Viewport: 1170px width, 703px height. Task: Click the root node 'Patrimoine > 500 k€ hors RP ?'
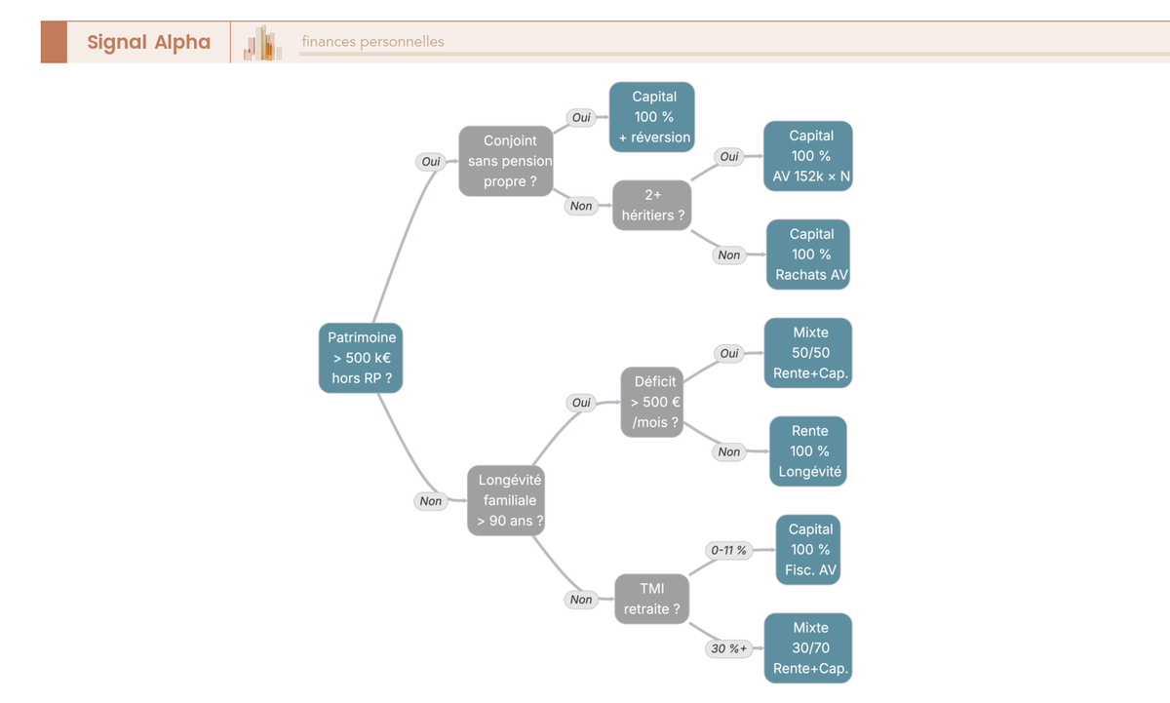(x=361, y=358)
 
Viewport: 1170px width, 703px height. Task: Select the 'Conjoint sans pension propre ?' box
(x=506, y=161)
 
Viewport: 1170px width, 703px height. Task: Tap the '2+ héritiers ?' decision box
(x=652, y=206)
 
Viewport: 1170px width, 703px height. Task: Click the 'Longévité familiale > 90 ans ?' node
(x=506, y=500)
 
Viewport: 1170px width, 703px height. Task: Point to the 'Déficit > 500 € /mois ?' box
(x=652, y=402)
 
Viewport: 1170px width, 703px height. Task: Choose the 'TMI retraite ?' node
(x=652, y=599)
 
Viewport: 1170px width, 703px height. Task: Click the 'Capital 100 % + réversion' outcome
(x=652, y=117)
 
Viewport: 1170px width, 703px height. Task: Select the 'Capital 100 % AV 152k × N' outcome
(x=808, y=156)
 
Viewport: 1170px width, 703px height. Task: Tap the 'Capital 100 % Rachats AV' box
(x=808, y=254)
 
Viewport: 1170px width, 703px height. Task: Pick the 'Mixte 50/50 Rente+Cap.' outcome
(x=808, y=353)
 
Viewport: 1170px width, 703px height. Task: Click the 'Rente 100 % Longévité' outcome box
(x=808, y=451)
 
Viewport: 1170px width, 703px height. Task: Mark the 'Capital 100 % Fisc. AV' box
(x=808, y=550)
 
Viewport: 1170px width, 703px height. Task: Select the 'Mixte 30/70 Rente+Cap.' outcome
(x=808, y=648)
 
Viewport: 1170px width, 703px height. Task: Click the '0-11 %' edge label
(x=728, y=550)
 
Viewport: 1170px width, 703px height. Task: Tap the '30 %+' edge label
(x=728, y=648)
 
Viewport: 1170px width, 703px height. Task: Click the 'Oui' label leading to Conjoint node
(x=431, y=162)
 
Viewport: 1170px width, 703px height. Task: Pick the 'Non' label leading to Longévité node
(x=430, y=501)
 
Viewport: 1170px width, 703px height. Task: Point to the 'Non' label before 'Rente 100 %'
(x=728, y=451)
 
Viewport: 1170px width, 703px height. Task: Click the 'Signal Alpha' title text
(x=149, y=42)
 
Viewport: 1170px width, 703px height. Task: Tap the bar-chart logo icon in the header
(x=262, y=43)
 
